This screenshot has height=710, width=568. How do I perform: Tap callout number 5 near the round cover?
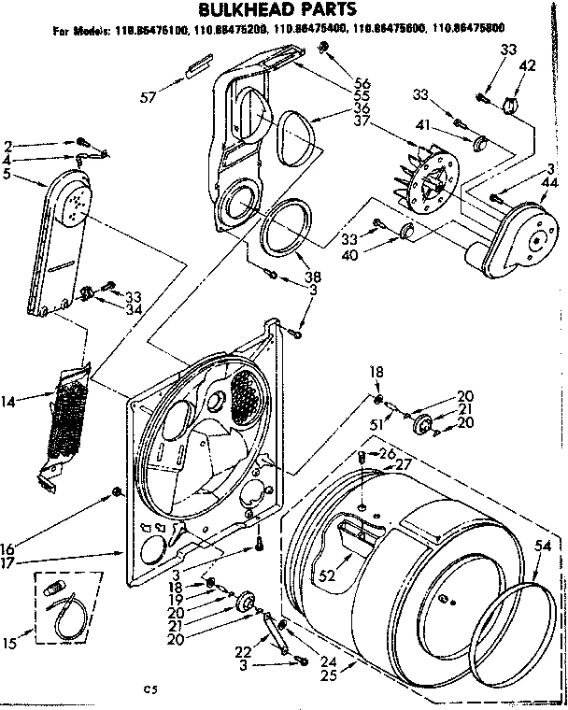tap(8, 174)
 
